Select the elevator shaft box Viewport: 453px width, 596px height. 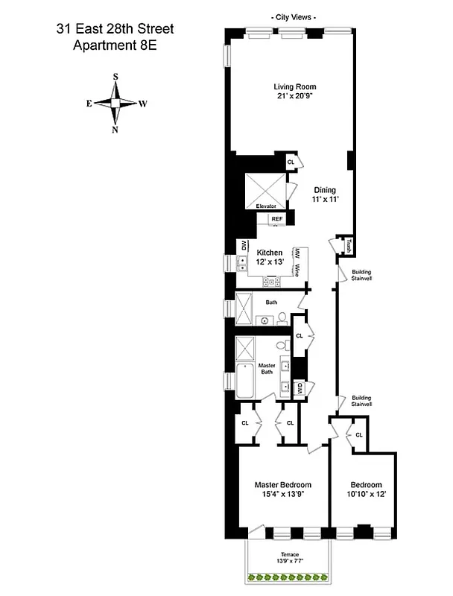[x=266, y=187]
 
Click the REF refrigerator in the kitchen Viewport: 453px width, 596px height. [x=276, y=219]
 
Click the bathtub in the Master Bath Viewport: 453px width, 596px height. [x=244, y=381]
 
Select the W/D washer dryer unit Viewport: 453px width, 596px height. [x=298, y=388]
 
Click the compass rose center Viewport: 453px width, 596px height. [x=115, y=103]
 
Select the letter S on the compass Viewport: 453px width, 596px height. [x=115, y=77]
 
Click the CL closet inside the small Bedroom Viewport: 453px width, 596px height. [x=358, y=435]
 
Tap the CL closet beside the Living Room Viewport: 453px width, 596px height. [x=291, y=162]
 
